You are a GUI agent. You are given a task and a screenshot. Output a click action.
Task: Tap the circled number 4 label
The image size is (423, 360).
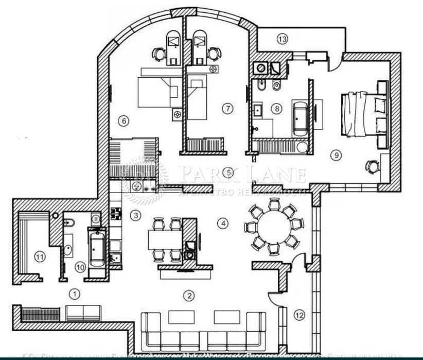[222, 224]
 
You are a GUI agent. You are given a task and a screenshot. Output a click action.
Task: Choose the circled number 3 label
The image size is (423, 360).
[135, 215]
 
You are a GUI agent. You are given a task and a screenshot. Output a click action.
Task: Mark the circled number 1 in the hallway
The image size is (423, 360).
[75, 294]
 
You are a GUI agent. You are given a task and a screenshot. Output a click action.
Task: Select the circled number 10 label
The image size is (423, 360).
[80, 266]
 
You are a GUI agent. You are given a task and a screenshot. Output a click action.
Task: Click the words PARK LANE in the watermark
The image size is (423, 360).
[242, 174]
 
